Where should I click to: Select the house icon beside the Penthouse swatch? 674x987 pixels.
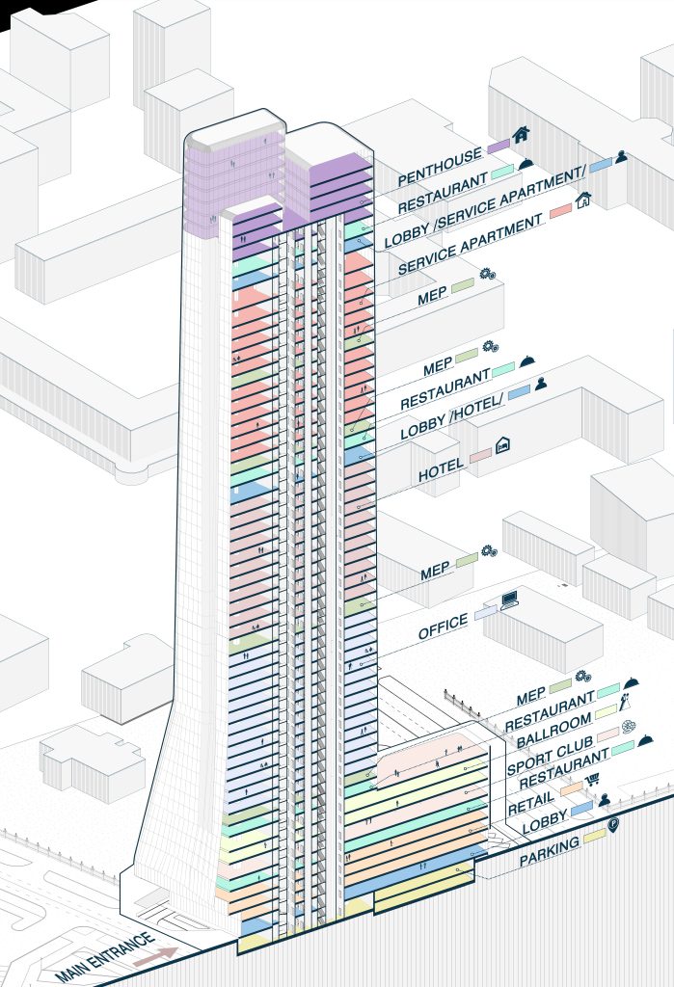(x=522, y=135)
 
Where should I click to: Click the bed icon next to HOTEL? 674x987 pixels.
(x=502, y=445)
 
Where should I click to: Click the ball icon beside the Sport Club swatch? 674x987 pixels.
(x=630, y=725)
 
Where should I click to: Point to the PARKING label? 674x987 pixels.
(x=550, y=852)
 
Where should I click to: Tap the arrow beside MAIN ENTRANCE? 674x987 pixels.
(x=155, y=955)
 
